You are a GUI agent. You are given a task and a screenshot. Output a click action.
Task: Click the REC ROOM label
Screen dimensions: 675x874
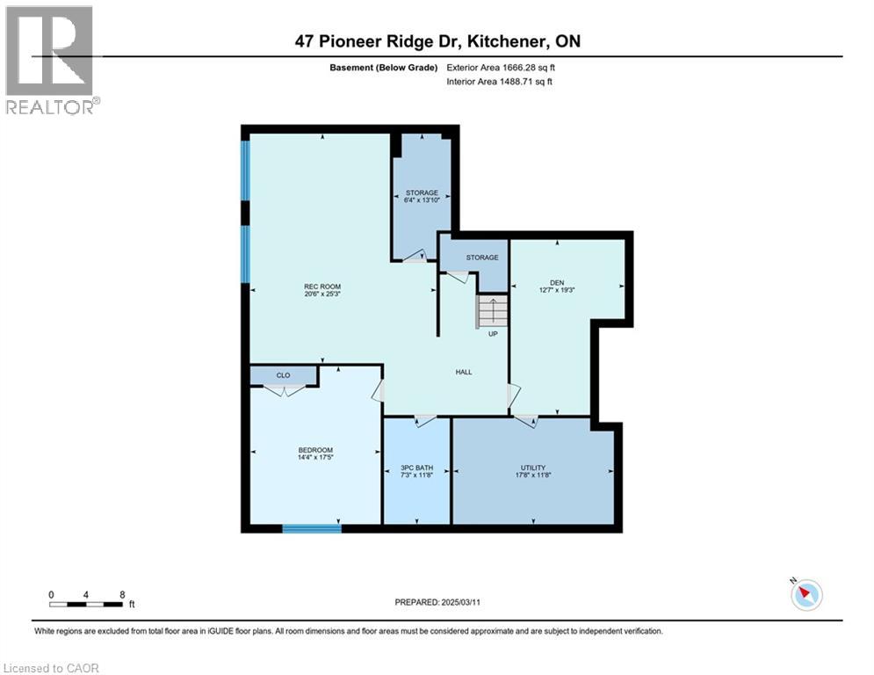322,287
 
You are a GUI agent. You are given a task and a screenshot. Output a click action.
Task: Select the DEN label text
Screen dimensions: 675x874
556,283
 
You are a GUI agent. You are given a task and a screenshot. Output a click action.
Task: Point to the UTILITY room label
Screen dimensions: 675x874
532,468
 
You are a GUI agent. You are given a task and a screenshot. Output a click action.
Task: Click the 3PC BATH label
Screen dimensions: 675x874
417,468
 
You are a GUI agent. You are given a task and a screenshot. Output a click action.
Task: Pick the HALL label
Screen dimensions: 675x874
464,372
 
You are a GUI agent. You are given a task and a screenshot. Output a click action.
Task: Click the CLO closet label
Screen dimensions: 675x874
283,375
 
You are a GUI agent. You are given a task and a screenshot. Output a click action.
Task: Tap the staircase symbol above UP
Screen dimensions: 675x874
493,311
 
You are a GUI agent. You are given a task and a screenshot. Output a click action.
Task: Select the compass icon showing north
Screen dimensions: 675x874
805,594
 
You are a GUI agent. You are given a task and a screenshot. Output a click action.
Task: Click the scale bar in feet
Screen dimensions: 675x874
86,604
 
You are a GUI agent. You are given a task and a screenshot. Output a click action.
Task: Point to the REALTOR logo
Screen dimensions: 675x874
51,60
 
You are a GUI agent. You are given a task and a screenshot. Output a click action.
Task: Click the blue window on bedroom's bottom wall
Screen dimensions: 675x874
312,528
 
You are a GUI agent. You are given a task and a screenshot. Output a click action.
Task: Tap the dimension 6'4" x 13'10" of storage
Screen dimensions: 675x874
421,201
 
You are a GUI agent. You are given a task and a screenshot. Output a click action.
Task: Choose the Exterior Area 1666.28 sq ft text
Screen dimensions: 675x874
501,67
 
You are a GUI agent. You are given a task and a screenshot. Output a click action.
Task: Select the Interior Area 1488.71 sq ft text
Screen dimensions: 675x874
500,81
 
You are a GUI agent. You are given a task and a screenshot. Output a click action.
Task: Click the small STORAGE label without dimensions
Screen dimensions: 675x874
482,258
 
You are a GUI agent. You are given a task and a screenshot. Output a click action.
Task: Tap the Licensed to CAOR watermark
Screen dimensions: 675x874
51,668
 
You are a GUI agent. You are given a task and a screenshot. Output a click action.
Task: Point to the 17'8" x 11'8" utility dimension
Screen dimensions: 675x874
532,475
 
